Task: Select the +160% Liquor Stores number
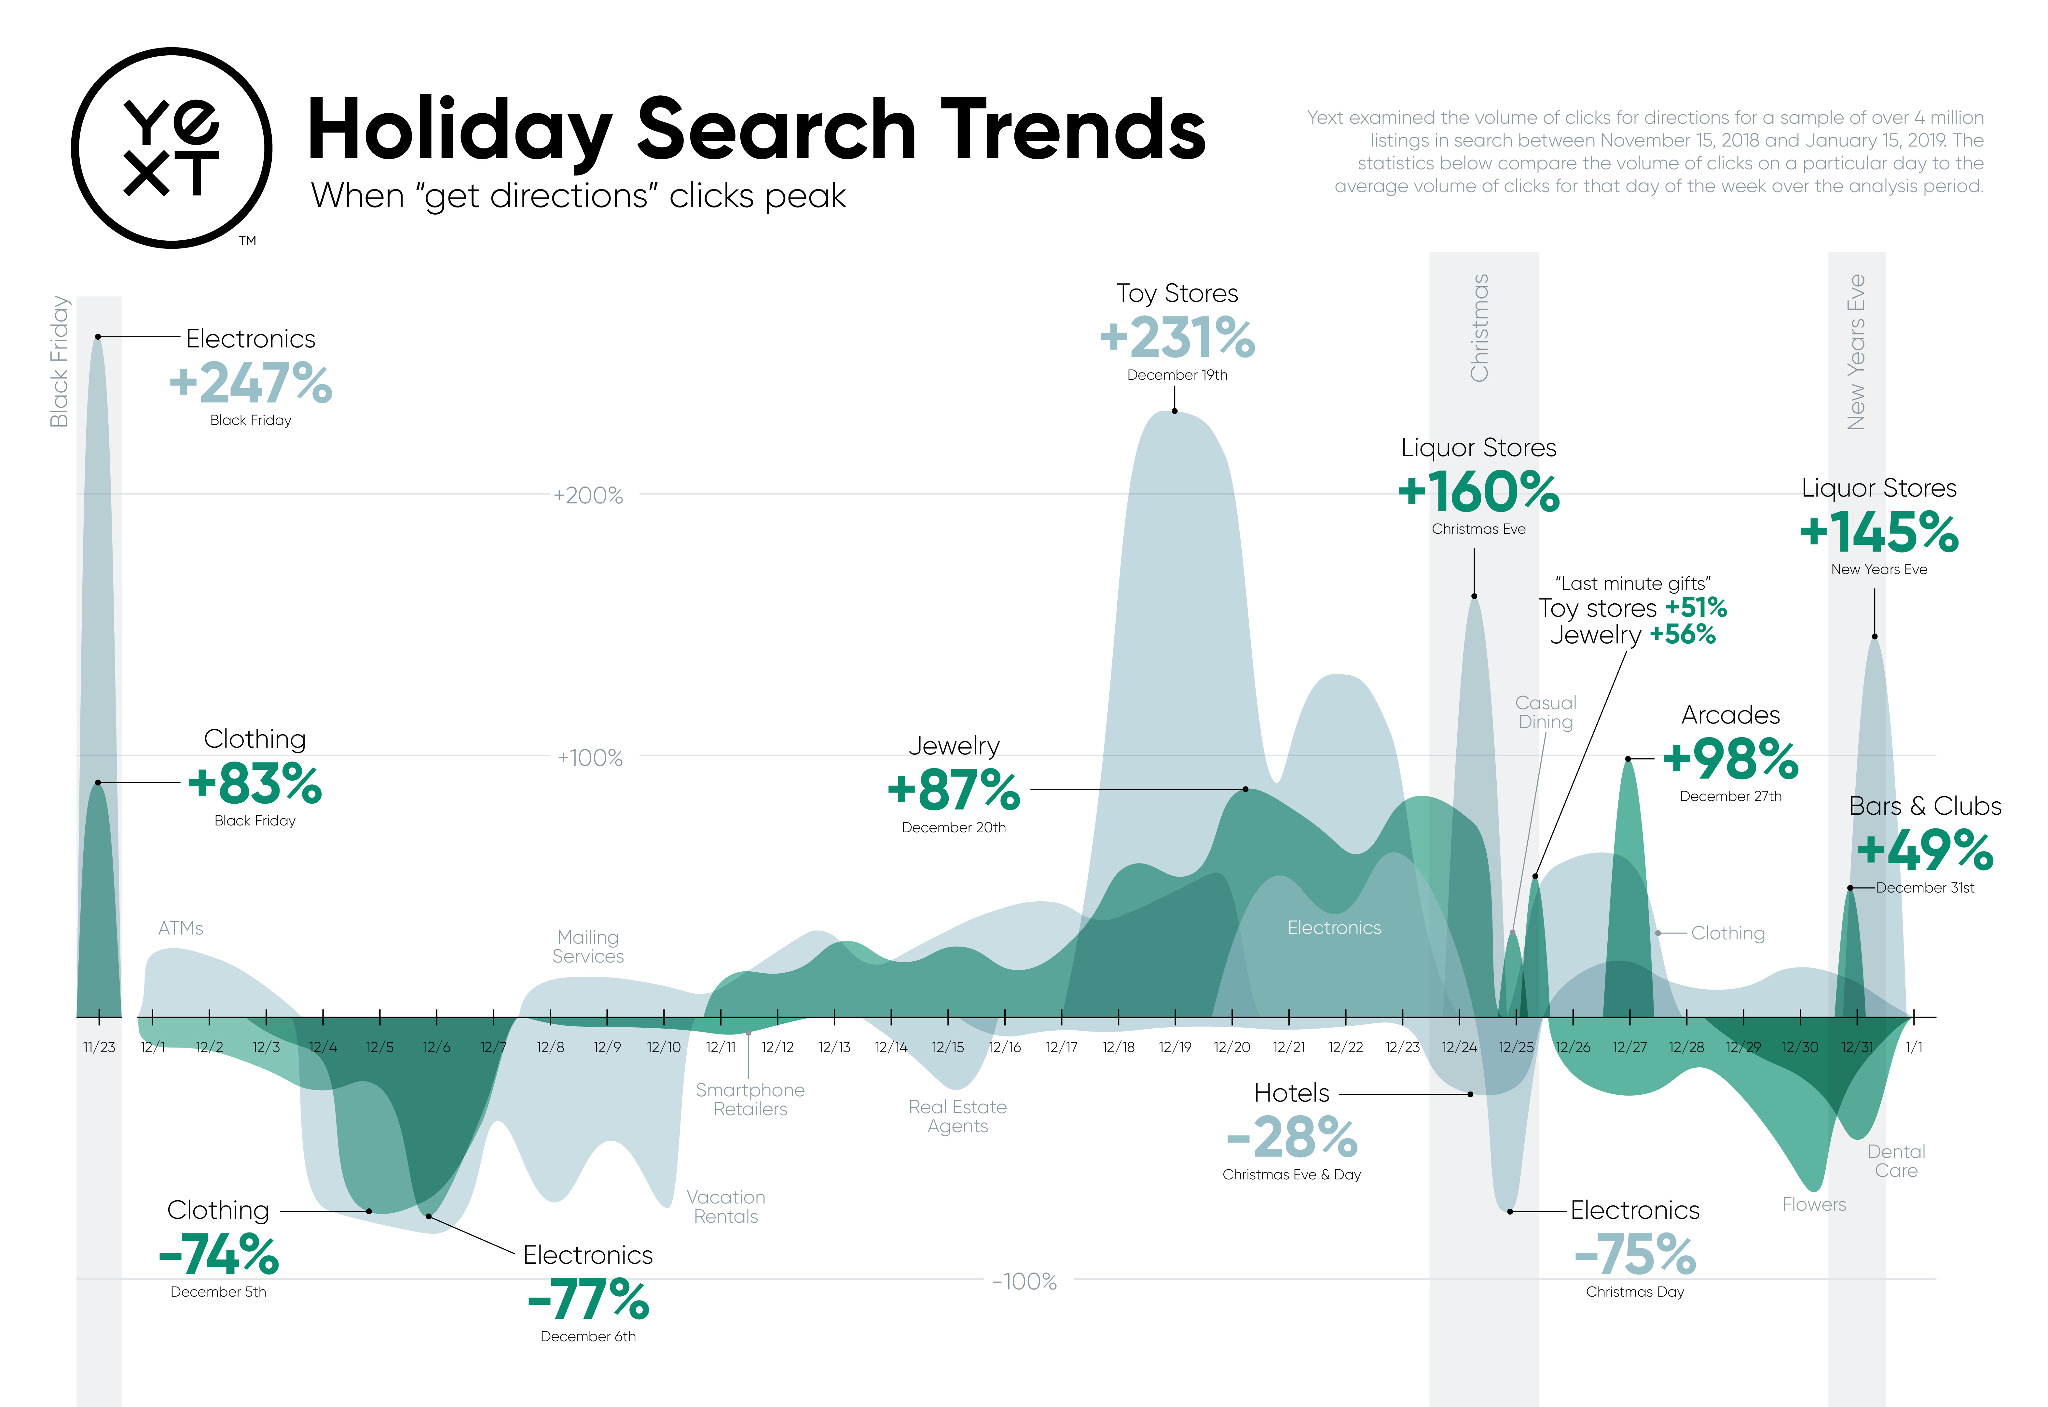1479,492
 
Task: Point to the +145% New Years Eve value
1879,532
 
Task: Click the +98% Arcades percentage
1730,759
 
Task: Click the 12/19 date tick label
1175,1047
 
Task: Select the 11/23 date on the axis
99,1047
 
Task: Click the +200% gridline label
588,496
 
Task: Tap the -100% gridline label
1024,1281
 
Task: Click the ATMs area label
181,928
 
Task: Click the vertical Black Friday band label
59,361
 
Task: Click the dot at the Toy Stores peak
1175,411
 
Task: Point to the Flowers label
1814,1204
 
